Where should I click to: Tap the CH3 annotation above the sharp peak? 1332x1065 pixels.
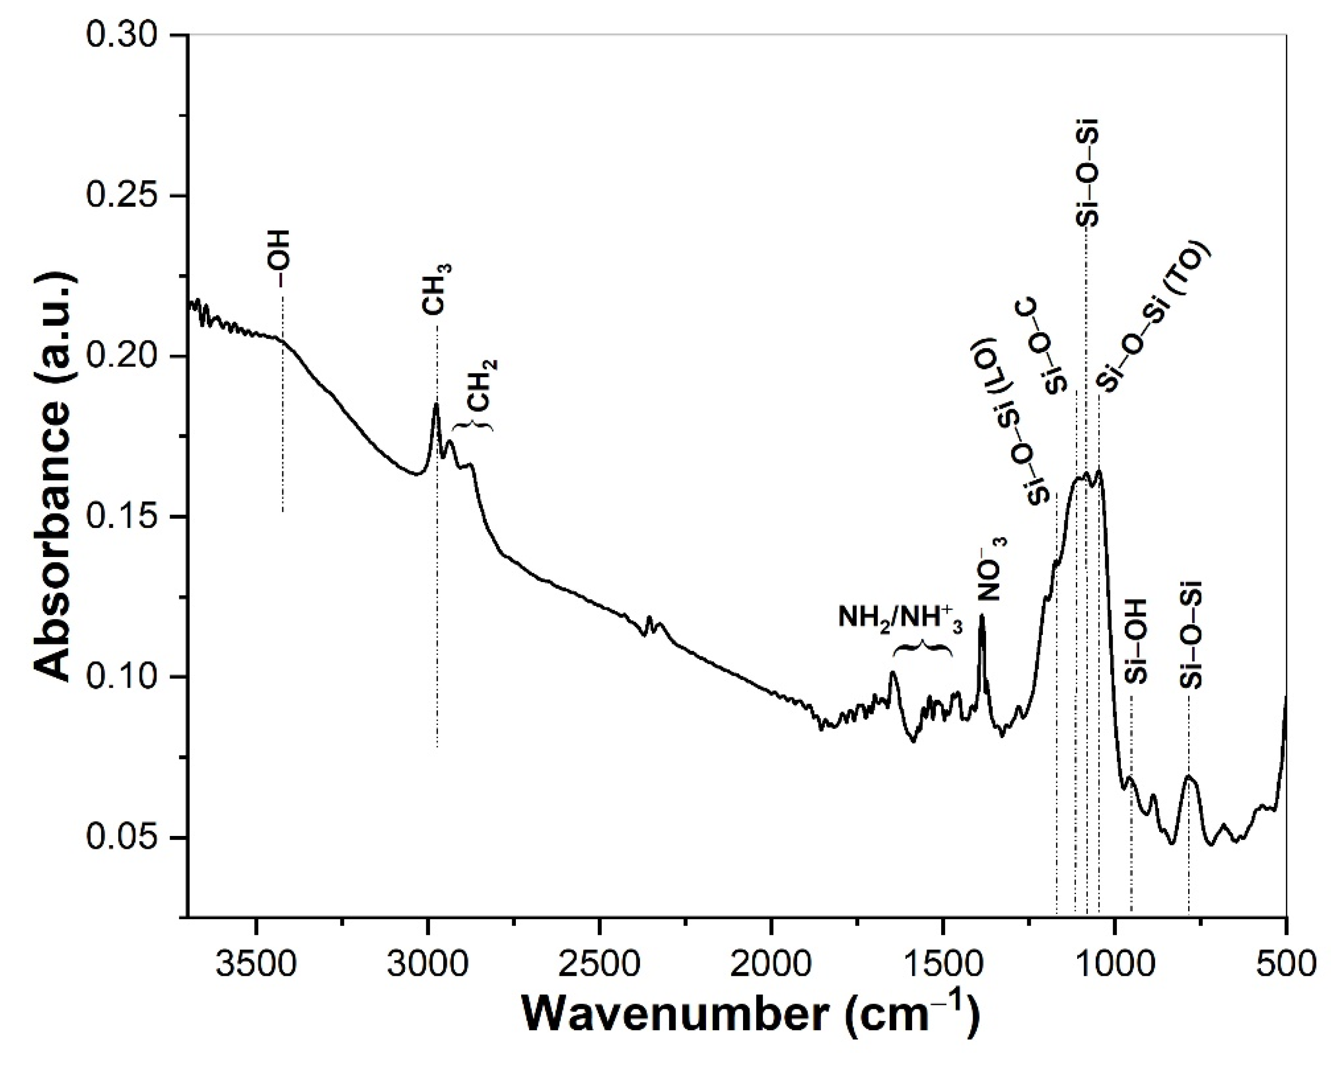click(437, 290)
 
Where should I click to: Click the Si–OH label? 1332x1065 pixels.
click(1135, 641)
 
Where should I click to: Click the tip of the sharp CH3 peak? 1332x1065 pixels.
click(436, 404)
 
